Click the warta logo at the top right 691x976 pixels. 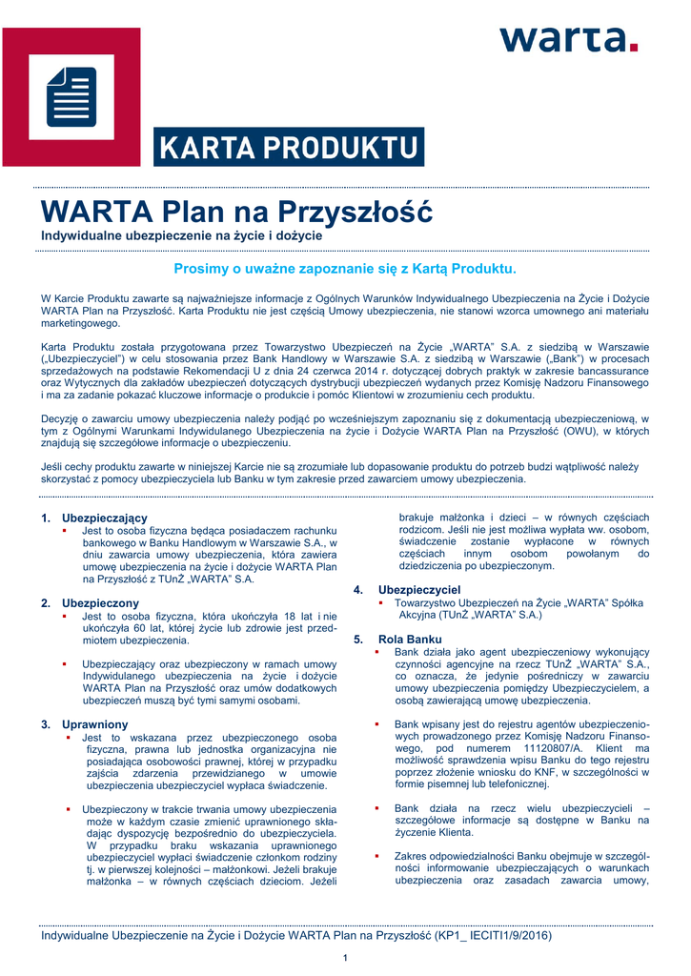click(x=568, y=39)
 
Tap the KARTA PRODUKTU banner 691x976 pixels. click(x=289, y=148)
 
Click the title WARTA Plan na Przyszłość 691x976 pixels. click(x=235, y=210)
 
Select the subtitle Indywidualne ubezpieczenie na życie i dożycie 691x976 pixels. click(x=181, y=234)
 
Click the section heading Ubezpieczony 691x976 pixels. click(x=100, y=603)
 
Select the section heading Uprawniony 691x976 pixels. click(x=95, y=724)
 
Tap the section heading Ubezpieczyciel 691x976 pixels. click(x=419, y=590)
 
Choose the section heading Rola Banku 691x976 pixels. click(x=410, y=639)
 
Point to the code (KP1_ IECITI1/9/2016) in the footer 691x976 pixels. click(x=495, y=935)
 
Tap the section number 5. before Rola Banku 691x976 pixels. click(x=358, y=639)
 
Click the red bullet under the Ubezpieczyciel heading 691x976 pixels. click(x=381, y=602)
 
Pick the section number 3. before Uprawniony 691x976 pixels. click(x=46, y=724)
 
